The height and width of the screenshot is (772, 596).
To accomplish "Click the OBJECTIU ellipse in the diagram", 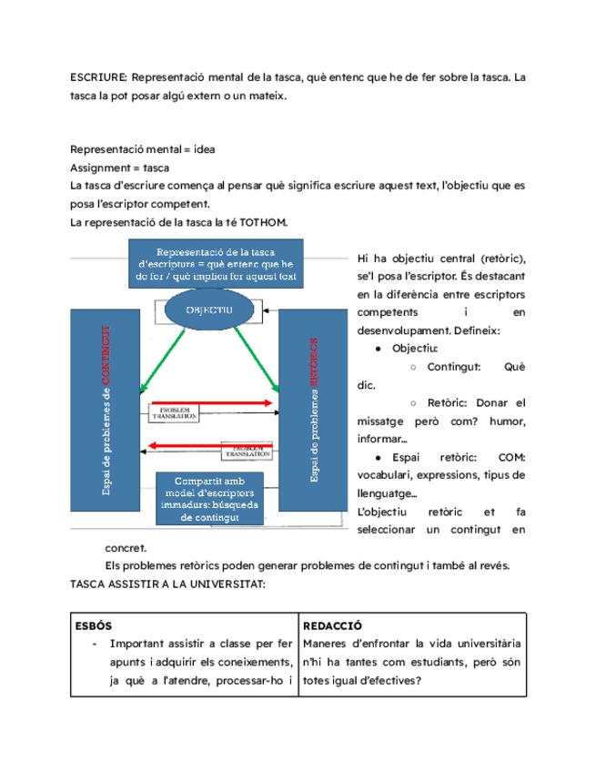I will click(x=210, y=310).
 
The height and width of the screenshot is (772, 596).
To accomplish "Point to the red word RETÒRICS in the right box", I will click(x=315, y=365).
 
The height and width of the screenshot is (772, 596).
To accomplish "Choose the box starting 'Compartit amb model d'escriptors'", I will click(x=209, y=498).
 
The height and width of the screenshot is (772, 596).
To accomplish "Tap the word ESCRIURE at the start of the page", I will click(x=92, y=78).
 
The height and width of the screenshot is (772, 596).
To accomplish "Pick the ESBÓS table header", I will click(x=91, y=626).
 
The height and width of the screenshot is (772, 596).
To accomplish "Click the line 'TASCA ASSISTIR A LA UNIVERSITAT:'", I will click(x=167, y=583).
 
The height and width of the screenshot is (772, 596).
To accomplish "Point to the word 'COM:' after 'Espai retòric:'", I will click(x=512, y=458).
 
